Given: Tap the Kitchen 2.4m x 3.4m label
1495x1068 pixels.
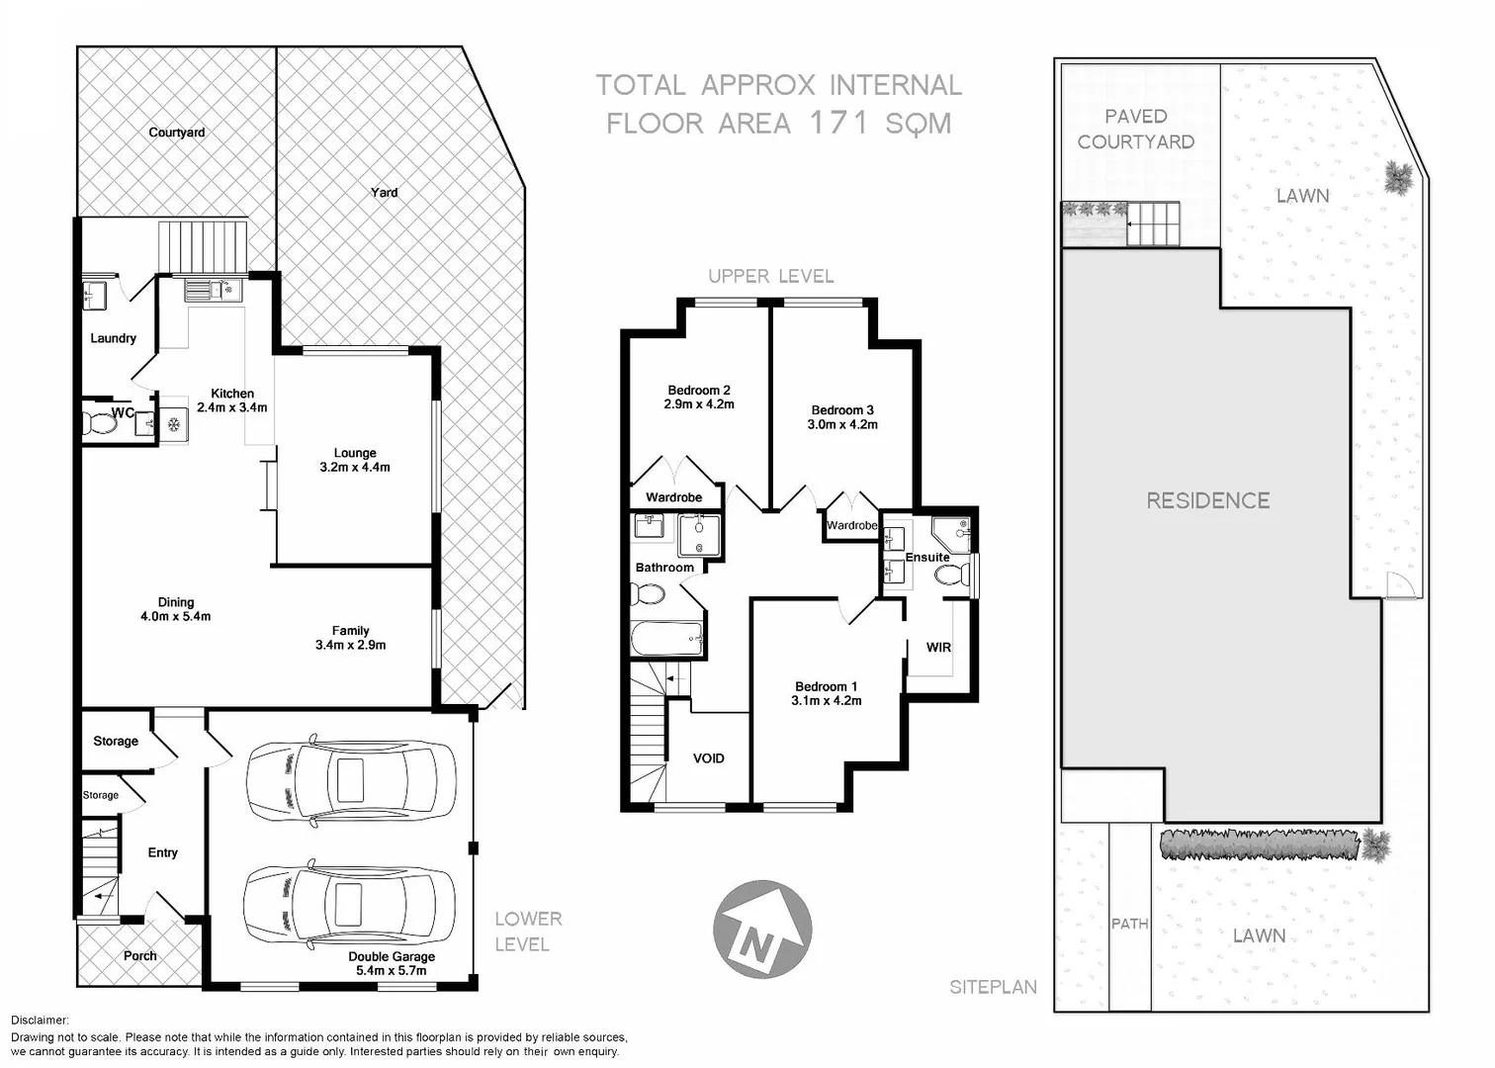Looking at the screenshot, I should pos(232,400).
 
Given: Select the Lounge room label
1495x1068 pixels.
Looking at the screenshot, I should pos(355,460).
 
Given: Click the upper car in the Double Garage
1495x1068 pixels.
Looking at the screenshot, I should pos(350,780).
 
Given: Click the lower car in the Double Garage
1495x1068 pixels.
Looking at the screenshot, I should pos(350,906).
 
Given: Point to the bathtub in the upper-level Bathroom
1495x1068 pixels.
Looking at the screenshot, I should pos(666,639).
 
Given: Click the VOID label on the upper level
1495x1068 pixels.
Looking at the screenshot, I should pos(708,758).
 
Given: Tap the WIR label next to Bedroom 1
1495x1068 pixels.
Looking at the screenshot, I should pos(938,648).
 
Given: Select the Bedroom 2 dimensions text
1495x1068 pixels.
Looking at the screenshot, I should pos(699,404).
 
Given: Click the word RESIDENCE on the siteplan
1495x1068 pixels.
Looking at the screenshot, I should pos(1207,500).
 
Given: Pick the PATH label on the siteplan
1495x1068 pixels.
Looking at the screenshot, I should pos(1129,924).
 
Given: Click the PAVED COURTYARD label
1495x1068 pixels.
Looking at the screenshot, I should pos(1136,130).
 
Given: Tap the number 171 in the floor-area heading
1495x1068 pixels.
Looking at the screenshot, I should pos(839,123).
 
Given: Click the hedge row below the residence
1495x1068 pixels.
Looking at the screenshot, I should pos(1260,845).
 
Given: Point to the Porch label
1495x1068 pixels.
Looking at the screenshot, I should pos(139,956).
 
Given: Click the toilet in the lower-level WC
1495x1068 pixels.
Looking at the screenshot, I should pos(99,424).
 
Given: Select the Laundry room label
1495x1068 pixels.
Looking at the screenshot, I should pos(113,338).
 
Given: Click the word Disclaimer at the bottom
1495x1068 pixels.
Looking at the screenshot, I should pos(40,1021).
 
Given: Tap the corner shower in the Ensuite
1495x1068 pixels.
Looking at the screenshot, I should pos(951,534).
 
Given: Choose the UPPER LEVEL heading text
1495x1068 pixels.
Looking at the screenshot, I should pos(770,277).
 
